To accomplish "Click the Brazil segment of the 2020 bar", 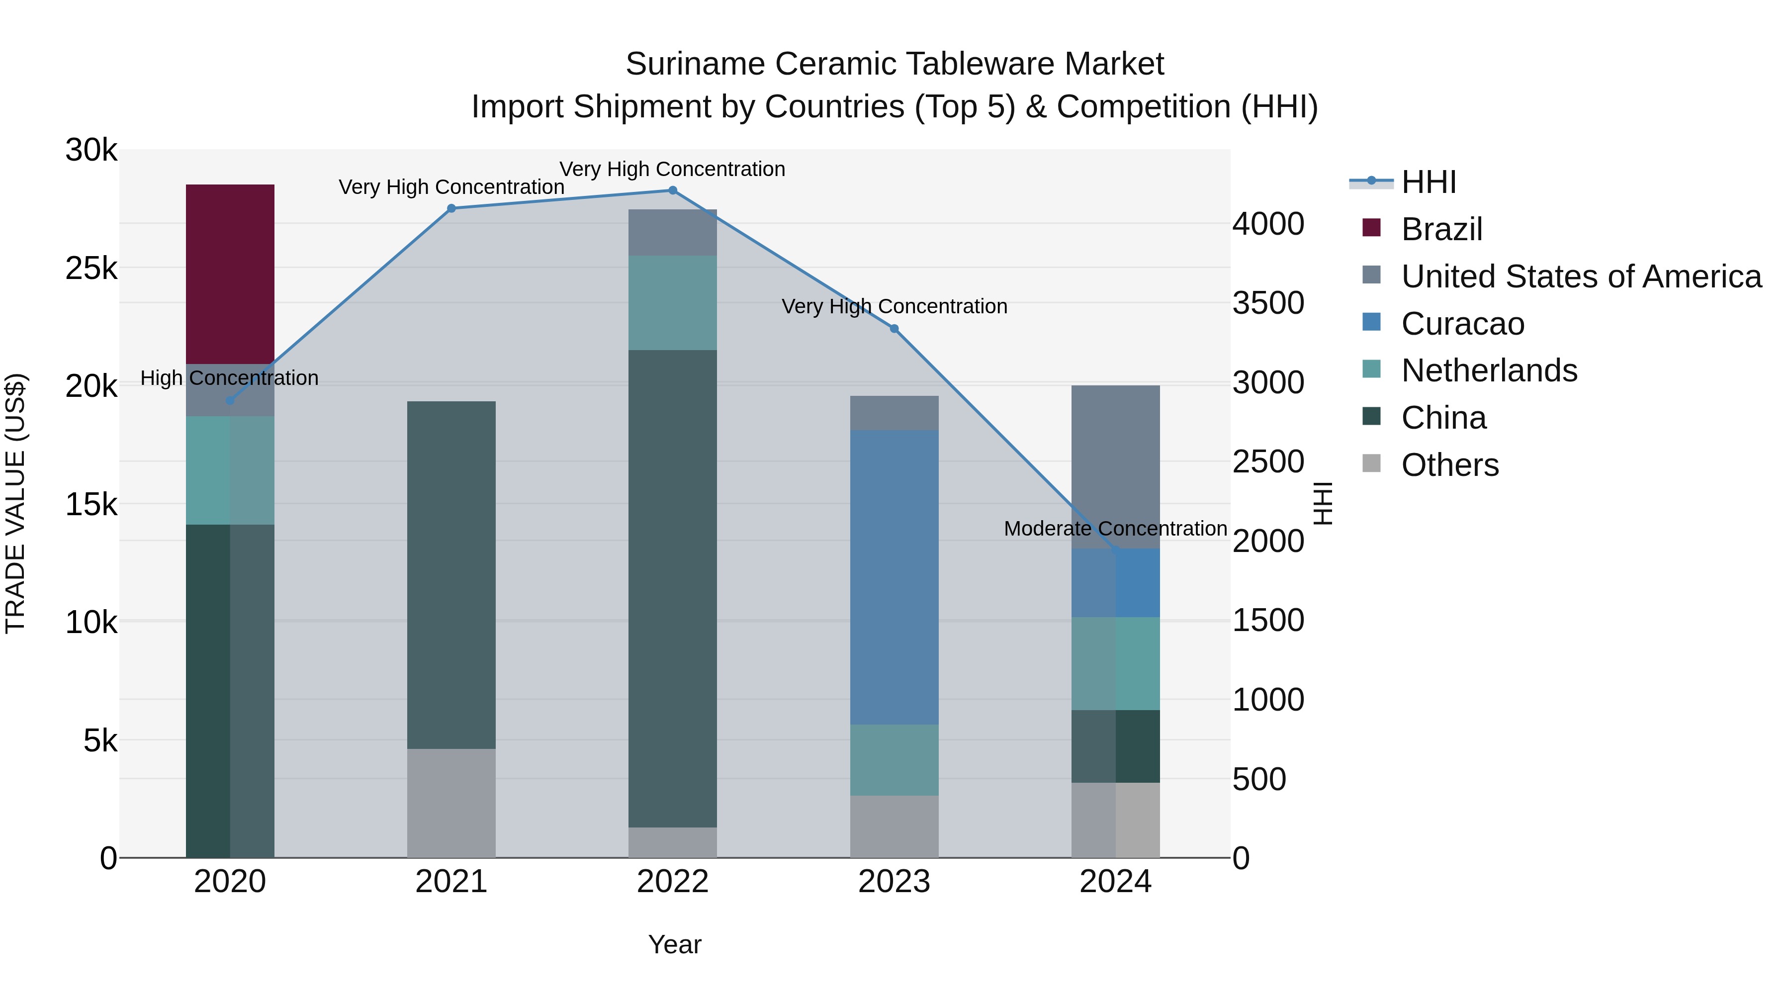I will [230, 274].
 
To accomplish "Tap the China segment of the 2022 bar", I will [672, 588].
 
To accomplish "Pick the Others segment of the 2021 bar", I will [451, 803].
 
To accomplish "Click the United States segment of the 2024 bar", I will [1115, 465].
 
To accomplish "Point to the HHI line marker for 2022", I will [672, 190].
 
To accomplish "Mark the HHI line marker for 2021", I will [451, 208].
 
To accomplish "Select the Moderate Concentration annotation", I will [1115, 529].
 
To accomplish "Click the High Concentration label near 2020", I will [229, 378].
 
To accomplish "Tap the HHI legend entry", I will [1428, 182].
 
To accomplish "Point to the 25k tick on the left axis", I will [91, 268].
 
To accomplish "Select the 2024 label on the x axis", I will [1115, 882].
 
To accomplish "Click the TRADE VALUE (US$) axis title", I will [15, 503].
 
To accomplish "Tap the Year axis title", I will [674, 944].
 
